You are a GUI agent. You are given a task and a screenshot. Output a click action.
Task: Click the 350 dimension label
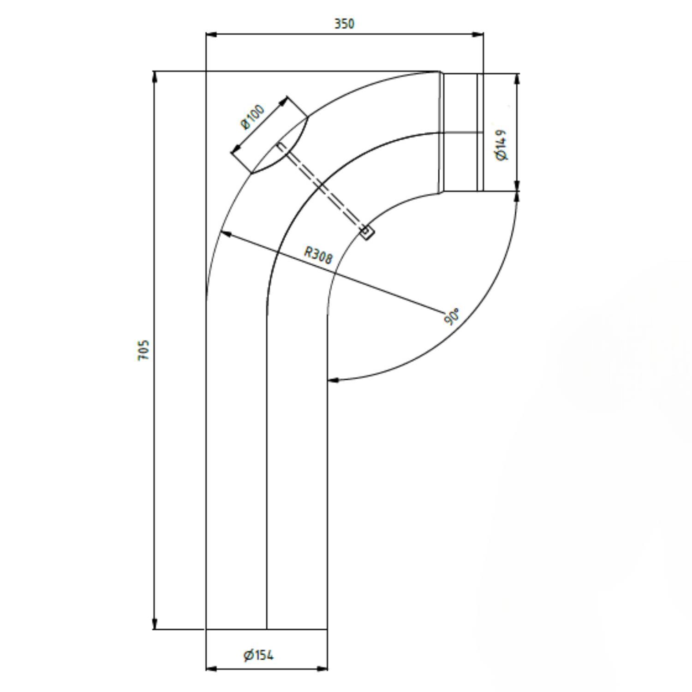tap(344, 24)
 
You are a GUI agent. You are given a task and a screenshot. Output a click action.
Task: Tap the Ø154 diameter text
tap(258, 655)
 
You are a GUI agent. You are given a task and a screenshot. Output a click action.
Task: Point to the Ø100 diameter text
tap(253, 117)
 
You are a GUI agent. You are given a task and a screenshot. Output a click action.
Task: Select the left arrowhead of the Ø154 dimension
tap(211, 668)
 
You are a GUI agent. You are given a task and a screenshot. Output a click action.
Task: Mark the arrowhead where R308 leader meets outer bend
tap(226, 233)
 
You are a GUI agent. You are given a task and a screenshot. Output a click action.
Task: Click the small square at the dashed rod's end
tap(366, 232)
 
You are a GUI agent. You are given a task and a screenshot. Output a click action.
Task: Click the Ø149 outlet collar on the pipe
tap(461, 132)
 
